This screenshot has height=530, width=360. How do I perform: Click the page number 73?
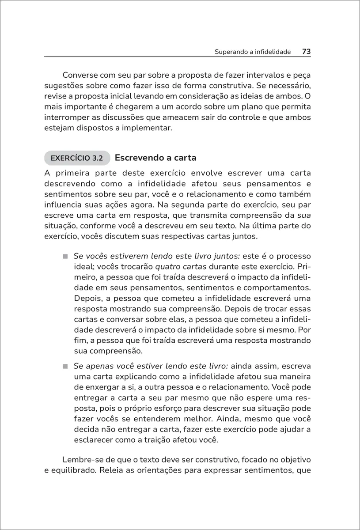[x=307, y=52]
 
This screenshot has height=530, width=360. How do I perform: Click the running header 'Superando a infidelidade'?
[x=252, y=52]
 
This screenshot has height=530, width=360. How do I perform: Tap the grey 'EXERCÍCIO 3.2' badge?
[x=77, y=158]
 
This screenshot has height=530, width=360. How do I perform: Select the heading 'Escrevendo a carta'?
[x=155, y=158]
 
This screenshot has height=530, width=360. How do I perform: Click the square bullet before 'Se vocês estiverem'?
[x=64, y=257]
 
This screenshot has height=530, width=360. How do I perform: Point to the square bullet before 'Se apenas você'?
[x=64, y=367]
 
